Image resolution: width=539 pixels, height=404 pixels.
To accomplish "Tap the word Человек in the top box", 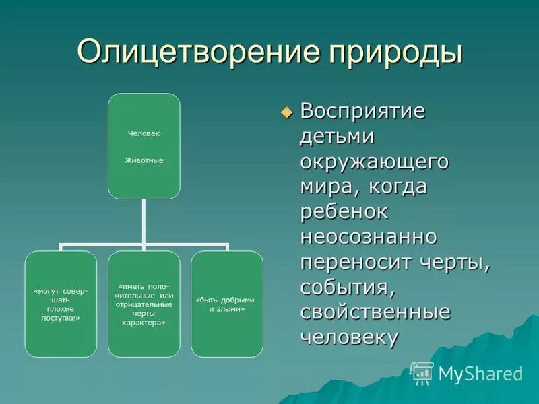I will (x=144, y=133).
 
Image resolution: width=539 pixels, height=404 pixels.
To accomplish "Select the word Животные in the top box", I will (x=144, y=160).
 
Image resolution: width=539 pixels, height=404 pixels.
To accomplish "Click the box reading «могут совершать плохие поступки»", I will (x=61, y=304).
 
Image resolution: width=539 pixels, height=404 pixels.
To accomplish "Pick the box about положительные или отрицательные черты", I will (x=144, y=304).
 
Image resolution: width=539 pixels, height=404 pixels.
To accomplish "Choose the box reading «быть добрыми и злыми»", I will (x=226, y=304).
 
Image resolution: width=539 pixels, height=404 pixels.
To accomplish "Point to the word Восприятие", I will (x=362, y=111).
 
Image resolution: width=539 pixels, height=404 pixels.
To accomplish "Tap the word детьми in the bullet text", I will (x=337, y=137).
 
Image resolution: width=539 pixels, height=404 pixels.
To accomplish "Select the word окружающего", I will (x=375, y=162).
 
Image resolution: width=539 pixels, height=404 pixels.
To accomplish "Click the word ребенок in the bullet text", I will (x=344, y=211).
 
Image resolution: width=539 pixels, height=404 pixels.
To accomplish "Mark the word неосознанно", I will (x=369, y=237).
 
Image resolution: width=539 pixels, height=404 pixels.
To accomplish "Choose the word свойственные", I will (x=375, y=313).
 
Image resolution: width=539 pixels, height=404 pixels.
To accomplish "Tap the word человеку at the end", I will (x=349, y=338).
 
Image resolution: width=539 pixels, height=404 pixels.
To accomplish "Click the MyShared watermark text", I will (x=480, y=374).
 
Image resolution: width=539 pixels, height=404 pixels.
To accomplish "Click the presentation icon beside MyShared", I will (x=422, y=372).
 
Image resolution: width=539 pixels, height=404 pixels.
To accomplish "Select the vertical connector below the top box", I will (x=144, y=222).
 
